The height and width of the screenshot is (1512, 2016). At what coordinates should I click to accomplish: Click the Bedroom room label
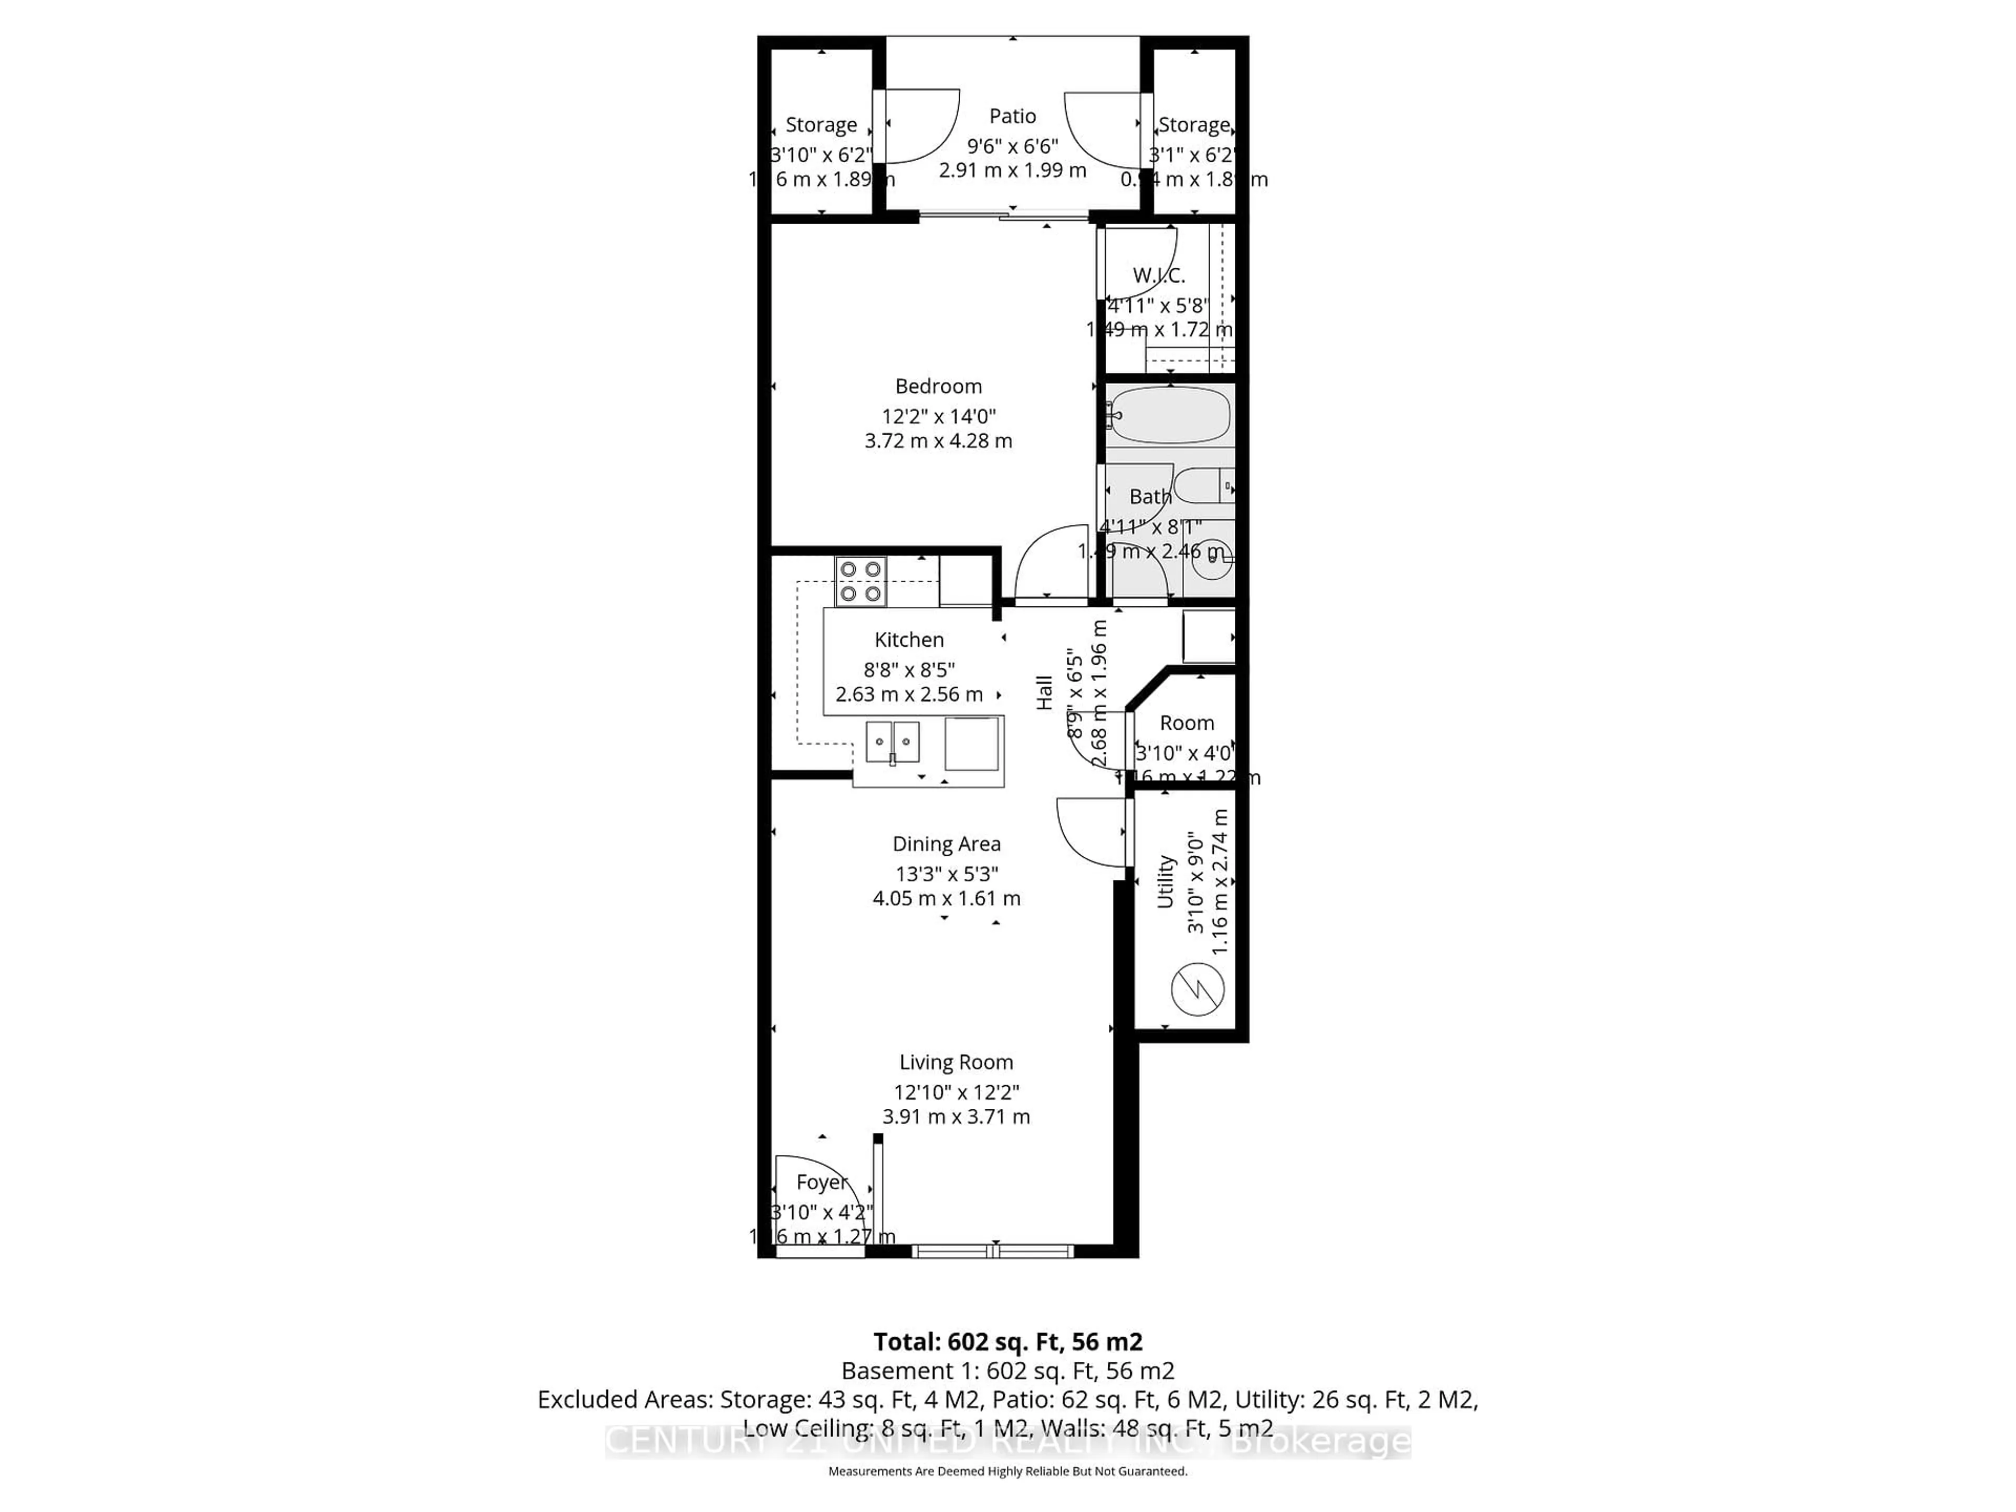tap(938, 386)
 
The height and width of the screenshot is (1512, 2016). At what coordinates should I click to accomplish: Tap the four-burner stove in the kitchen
tap(860, 582)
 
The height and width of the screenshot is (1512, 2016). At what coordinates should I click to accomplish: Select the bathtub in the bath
tap(1170, 416)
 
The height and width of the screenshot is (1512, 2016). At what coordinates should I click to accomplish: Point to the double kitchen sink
tap(892, 741)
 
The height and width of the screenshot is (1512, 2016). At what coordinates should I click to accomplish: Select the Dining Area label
tap(946, 844)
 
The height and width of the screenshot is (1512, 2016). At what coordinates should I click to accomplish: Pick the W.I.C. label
tap(1158, 275)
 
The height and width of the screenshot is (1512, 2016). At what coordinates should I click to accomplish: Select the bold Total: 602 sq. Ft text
tap(1007, 1341)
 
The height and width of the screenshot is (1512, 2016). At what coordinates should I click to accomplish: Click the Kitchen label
tap(909, 640)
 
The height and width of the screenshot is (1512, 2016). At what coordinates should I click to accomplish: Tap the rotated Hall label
tap(1044, 692)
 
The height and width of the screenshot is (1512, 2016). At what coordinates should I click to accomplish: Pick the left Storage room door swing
tap(920, 128)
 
